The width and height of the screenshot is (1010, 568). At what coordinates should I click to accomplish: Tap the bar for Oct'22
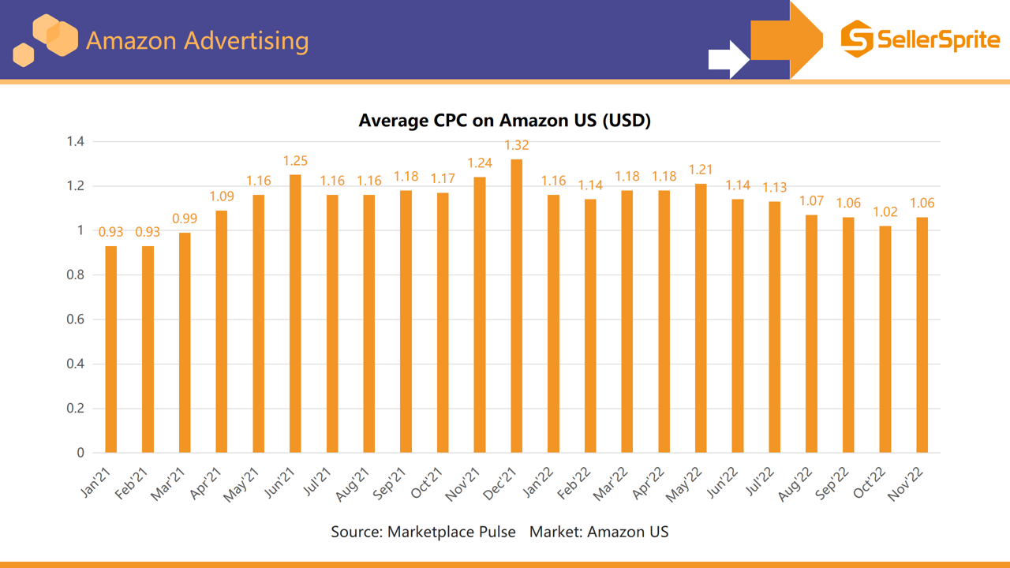pos(885,339)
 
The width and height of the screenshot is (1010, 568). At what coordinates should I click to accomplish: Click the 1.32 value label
pos(517,145)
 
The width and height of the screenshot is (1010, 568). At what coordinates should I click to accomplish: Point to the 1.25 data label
pos(295,161)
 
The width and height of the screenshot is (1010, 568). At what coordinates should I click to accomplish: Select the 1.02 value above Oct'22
pos(885,212)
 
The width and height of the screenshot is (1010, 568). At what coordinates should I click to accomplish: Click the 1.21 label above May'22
pos(701,170)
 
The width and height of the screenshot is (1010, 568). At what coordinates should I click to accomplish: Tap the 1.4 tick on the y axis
pos(76,142)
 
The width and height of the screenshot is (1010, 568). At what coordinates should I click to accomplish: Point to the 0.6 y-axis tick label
pos(76,319)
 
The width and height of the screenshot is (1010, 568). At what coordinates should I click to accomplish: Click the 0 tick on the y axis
pos(80,453)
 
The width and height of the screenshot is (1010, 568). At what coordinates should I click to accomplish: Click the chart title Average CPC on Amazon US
pos(504,121)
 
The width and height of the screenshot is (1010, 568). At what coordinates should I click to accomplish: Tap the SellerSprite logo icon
pos(857,39)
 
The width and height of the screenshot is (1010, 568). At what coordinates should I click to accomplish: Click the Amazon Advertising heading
pos(196,40)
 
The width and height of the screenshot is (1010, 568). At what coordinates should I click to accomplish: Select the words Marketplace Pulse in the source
pos(451,532)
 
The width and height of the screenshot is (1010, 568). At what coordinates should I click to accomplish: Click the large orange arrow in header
pos(785,39)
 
